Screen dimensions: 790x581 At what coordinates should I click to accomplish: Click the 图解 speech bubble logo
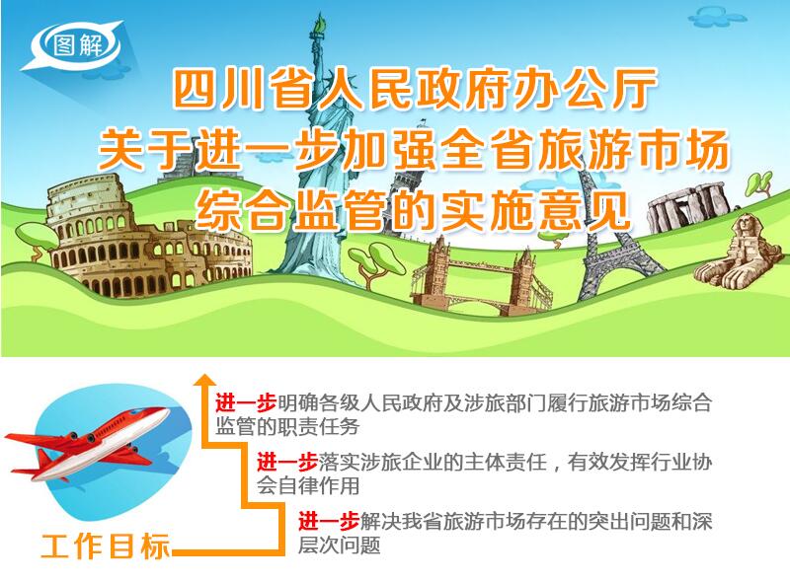point(75,45)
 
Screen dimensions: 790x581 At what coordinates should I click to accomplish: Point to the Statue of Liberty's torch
point(319,26)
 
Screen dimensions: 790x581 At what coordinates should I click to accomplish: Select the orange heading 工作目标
point(105,546)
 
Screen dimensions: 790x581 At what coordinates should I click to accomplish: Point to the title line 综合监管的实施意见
point(413,210)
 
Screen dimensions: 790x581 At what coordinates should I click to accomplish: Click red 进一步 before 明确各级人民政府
point(245,402)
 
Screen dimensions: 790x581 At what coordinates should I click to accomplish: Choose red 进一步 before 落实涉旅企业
point(286,463)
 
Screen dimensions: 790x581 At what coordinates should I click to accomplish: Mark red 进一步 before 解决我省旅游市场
point(328,521)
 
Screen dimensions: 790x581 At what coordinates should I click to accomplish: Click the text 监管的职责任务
point(287,427)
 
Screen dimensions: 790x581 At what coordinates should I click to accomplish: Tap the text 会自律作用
point(308,486)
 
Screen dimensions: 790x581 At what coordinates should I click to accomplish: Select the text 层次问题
point(339,545)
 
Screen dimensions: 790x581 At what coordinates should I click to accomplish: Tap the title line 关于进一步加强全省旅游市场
point(413,150)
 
